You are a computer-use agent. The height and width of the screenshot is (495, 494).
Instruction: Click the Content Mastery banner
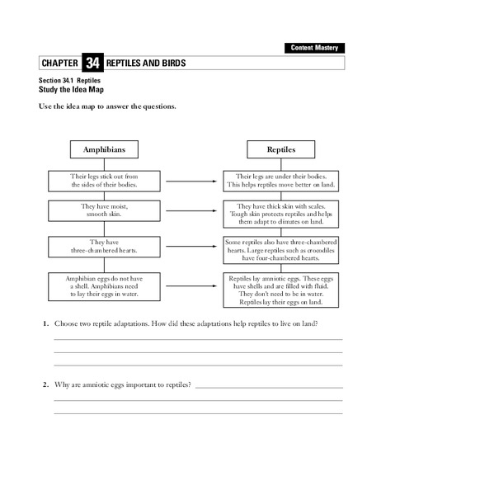point(315,49)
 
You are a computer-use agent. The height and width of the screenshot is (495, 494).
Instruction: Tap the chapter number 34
point(92,64)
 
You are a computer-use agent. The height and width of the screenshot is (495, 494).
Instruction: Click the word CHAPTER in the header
point(59,64)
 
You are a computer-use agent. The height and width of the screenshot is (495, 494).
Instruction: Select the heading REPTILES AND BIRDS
point(146,64)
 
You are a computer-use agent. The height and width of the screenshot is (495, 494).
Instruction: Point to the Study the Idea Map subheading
point(72,89)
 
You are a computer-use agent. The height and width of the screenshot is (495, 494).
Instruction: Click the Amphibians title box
point(104,149)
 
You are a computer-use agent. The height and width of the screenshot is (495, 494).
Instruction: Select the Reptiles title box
point(280,149)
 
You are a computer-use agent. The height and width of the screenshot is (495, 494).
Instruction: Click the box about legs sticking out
point(104,180)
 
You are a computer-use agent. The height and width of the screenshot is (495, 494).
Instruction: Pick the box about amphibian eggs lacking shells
point(104,285)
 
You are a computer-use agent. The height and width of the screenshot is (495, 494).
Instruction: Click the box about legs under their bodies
point(280,180)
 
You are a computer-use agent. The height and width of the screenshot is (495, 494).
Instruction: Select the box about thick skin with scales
point(280,214)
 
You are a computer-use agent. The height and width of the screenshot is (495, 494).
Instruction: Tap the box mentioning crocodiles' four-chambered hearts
point(280,249)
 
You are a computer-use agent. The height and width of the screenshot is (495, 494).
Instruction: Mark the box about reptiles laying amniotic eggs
point(280,290)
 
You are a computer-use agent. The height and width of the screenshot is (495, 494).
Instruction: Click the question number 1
point(45,323)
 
